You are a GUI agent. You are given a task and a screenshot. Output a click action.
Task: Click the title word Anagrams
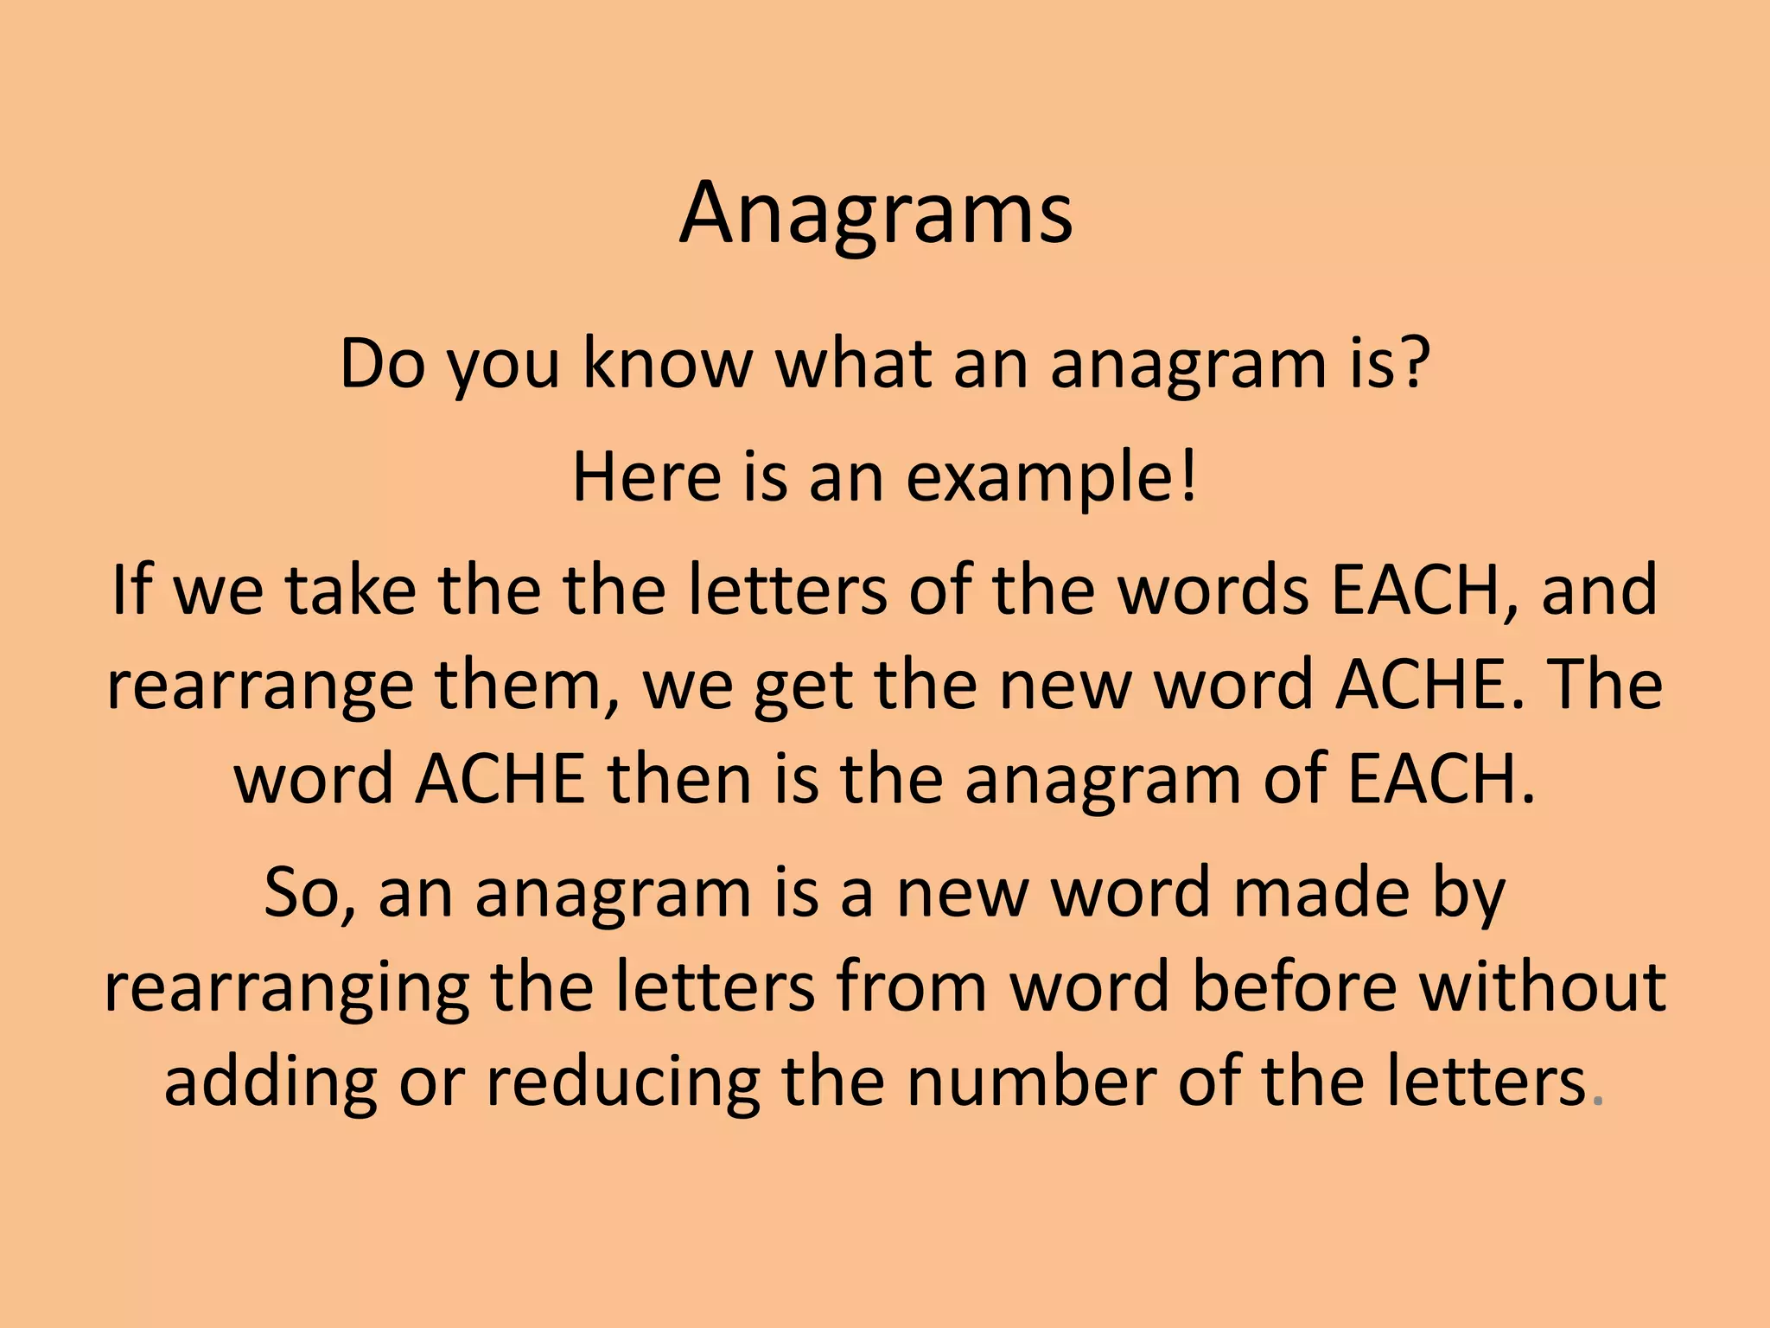click(875, 214)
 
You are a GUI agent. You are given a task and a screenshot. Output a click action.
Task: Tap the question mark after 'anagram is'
click(1408, 364)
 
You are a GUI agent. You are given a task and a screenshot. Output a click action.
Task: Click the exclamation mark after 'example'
click(1187, 477)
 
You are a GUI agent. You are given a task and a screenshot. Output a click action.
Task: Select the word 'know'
click(667, 364)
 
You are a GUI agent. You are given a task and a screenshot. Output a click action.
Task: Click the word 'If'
click(131, 590)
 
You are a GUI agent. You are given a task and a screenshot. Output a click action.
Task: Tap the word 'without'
click(1542, 987)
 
